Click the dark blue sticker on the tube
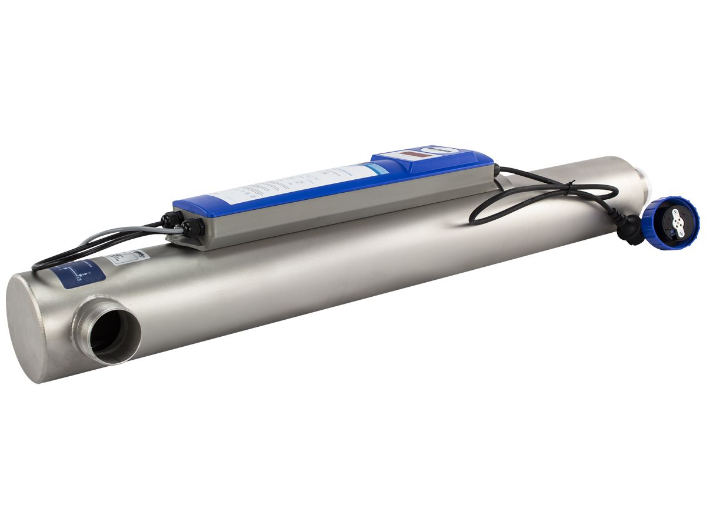pos(76,273)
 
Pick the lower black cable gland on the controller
pos(191,228)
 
